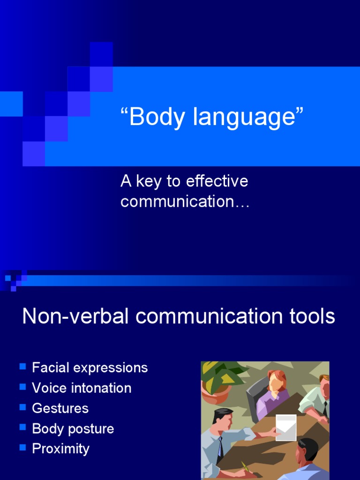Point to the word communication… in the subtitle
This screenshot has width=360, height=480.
(x=185, y=202)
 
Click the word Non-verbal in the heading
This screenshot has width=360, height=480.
(x=75, y=316)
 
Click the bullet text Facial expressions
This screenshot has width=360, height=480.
(x=90, y=368)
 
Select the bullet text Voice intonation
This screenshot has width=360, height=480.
(x=82, y=388)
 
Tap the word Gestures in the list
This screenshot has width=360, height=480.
(x=60, y=408)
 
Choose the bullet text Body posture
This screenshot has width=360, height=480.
(x=73, y=428)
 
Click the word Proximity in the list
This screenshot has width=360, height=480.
(x=60, y=449)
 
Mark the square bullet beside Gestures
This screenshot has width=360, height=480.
(x=22, y=407)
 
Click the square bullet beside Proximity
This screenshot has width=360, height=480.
(x=22, y=447)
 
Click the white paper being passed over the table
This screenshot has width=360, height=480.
(x=285, y=427)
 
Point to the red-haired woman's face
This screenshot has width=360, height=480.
(x=275, y=382)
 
